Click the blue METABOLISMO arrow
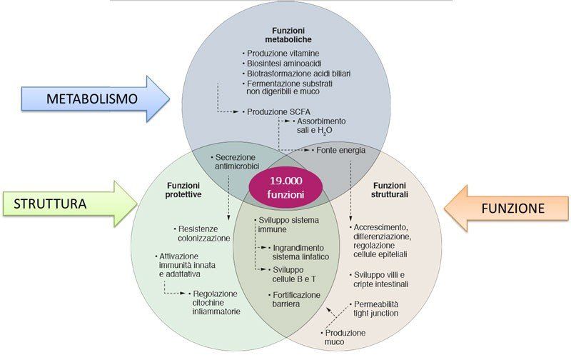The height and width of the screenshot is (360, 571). [x=93, y=98]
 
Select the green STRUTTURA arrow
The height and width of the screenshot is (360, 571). [x=68, y=204]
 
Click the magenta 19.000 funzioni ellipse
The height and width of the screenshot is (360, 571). [x=285, y=187]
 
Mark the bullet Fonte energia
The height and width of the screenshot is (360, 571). [x=340, y=151]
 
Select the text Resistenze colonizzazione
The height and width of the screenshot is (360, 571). [x=204, y=234]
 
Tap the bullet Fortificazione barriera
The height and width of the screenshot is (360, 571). [x=294, y=299]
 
